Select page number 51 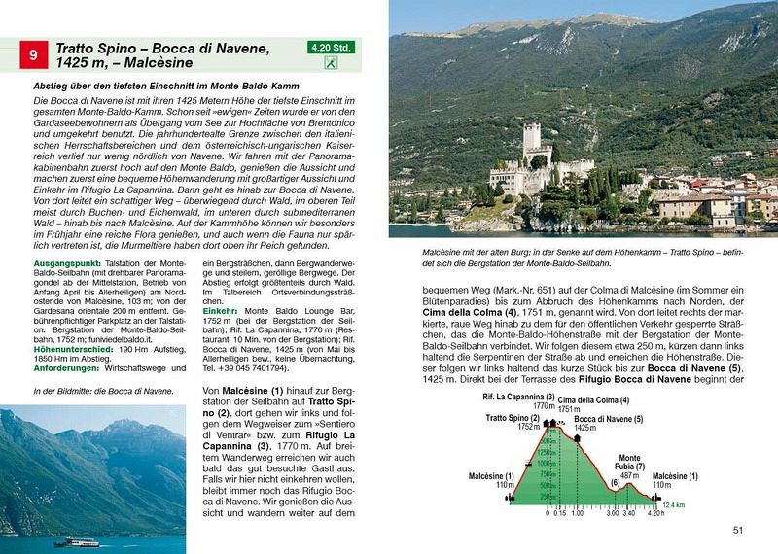738,530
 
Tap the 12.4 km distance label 672,505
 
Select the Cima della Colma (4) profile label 586,402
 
